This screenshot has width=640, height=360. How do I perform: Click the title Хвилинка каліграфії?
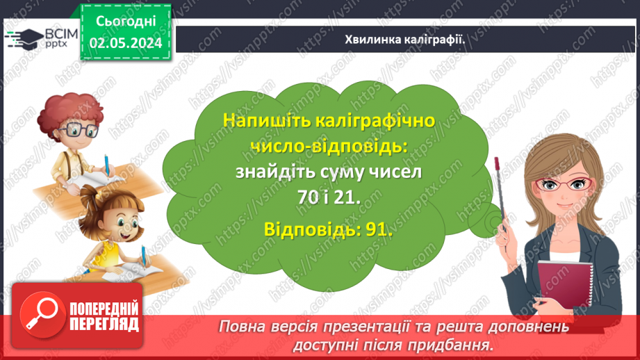(x=404, y=39)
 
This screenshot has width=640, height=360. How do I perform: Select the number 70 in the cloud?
(x=306, y=197)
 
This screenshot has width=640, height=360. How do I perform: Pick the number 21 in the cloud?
(x=347, y=197)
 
